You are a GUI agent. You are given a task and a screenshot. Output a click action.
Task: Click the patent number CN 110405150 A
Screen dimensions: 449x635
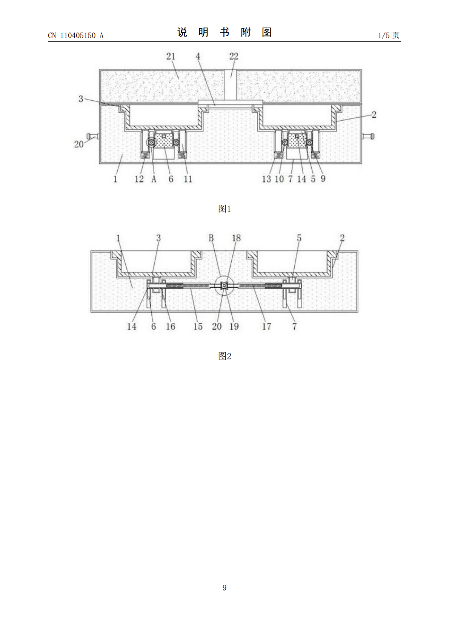tap(76, 35)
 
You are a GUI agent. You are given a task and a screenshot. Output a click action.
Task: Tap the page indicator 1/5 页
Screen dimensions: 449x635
tap(389, 35)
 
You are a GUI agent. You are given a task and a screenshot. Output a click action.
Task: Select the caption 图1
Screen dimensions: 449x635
tap(224, 209)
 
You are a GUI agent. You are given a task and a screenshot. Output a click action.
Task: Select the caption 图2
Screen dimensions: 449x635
tap(224, 356)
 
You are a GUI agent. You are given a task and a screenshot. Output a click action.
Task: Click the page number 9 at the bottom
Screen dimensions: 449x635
tap(224, 587)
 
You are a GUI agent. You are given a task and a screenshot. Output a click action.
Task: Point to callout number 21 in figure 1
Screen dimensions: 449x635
tap(171, 56)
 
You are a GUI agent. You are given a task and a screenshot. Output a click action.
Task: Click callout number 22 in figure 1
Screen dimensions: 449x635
tap(234, 56)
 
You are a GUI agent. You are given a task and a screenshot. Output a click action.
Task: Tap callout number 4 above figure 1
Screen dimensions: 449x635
tap(198, 56)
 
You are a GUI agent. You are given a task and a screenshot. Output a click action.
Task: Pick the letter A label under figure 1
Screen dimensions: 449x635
tap(154, 179)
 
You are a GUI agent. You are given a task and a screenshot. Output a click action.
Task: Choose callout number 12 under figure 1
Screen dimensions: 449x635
tap(139, 179)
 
